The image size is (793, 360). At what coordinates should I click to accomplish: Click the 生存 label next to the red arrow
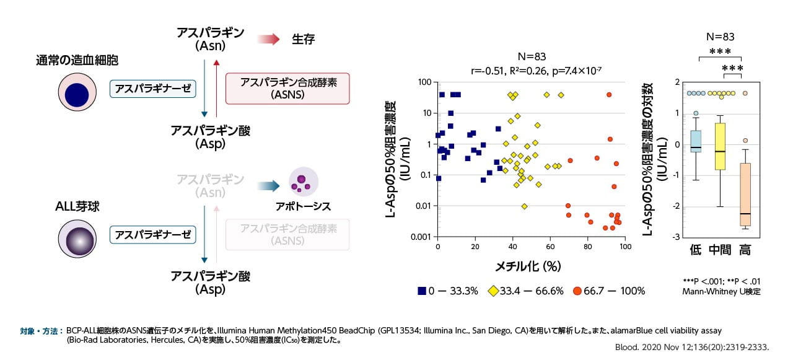point(304,39)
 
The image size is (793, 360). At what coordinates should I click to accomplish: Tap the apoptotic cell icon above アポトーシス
point(303,182)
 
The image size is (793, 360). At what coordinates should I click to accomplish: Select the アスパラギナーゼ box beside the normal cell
point(153,89)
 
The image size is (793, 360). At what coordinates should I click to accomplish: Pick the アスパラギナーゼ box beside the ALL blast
point(153,235)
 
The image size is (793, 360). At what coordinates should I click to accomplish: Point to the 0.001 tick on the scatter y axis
point(419,237)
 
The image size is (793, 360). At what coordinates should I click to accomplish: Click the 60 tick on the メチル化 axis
point(550,247)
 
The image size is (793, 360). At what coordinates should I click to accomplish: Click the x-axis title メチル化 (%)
point(530,266)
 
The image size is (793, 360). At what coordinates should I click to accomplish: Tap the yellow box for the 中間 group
point(719,146)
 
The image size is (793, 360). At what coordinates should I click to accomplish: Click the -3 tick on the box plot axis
point(678,237)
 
